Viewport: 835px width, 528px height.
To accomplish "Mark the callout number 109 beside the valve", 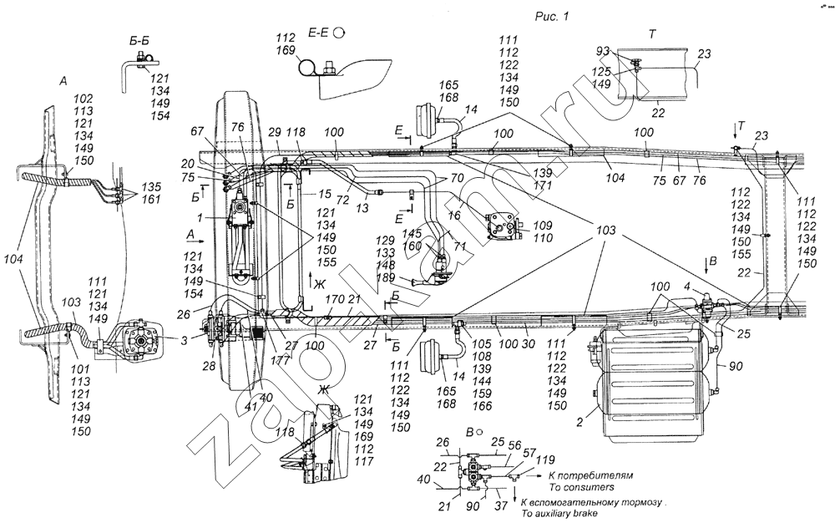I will pos(543,226).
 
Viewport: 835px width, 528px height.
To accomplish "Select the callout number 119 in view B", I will pos(521,459).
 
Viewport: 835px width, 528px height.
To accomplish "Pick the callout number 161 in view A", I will pos(129,201).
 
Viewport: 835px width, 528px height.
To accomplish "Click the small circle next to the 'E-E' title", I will pos(338,33).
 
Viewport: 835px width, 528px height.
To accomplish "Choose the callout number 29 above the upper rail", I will pos(276,135).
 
